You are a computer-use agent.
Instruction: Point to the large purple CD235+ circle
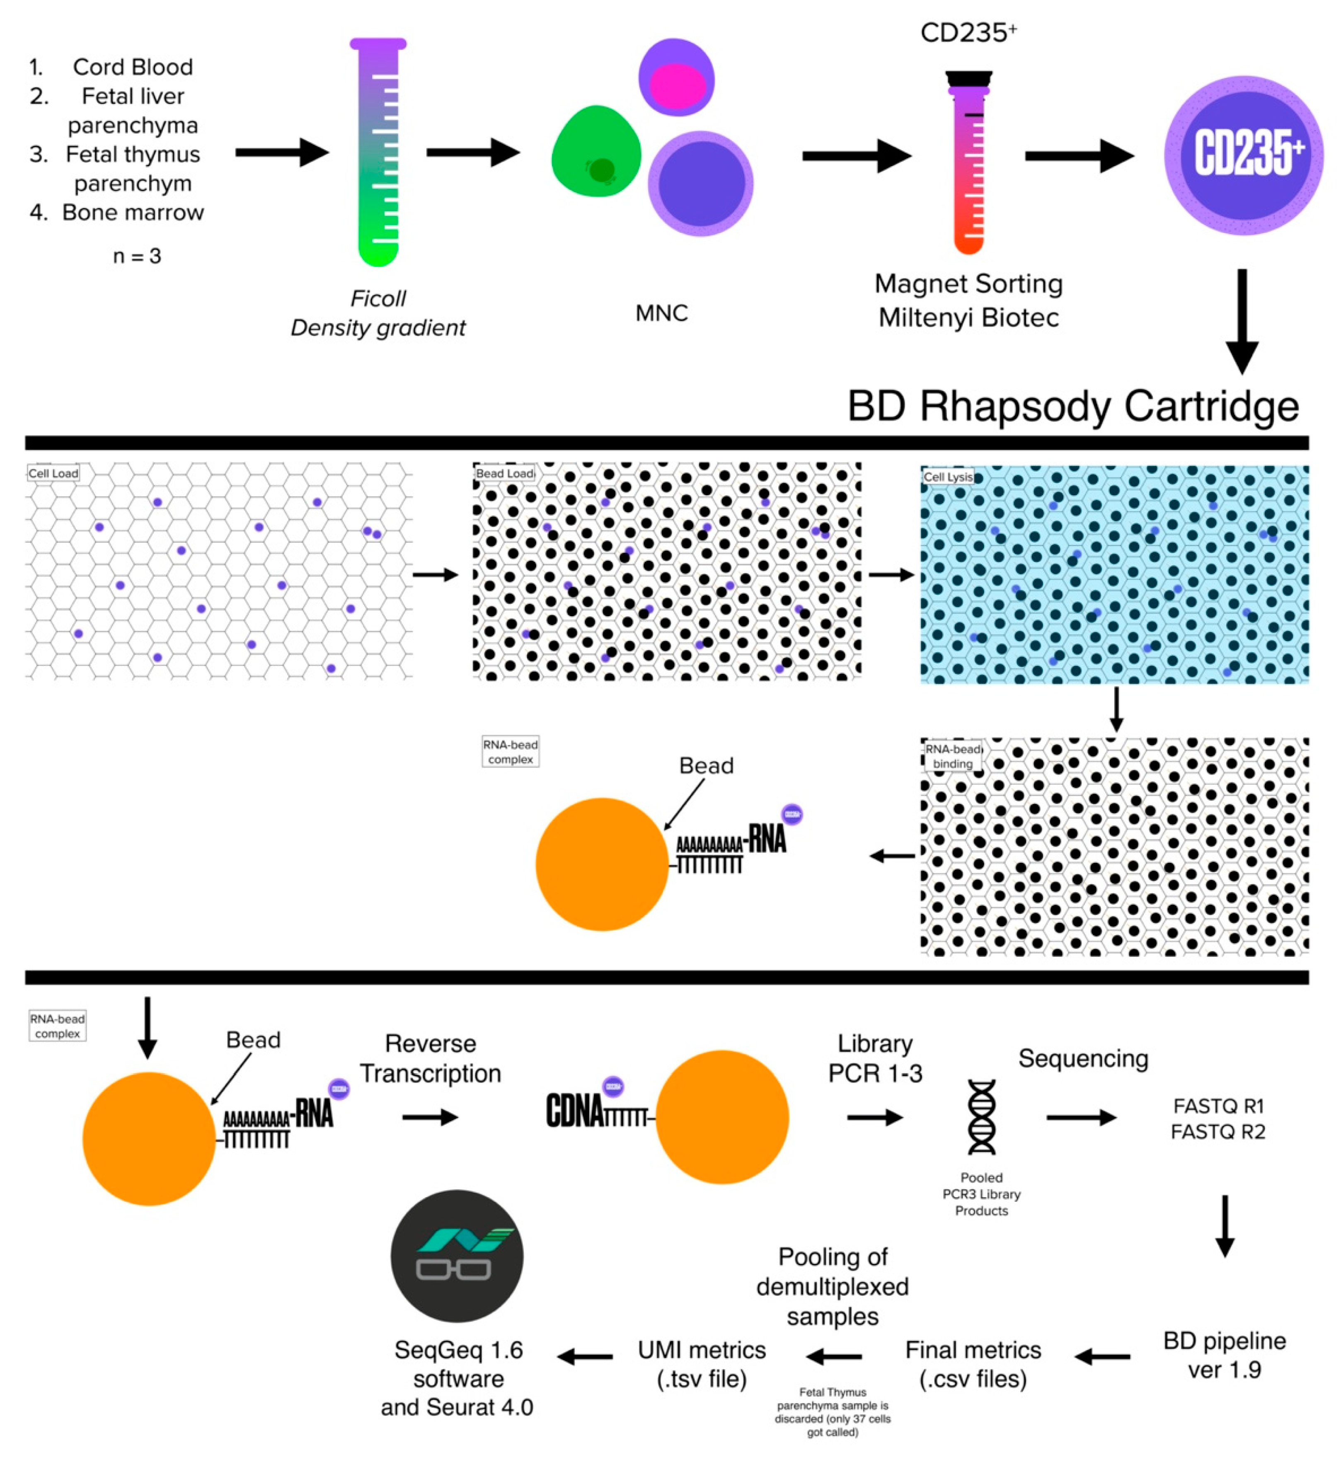click(1243, 155)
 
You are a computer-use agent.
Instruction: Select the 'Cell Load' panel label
click(53, 474)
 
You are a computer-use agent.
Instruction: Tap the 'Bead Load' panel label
click(504, 474)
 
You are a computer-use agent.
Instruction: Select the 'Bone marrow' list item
click(133, 213)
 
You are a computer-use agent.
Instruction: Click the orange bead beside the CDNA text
click(721, 1117)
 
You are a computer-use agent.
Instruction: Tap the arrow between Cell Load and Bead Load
click(436, 575)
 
